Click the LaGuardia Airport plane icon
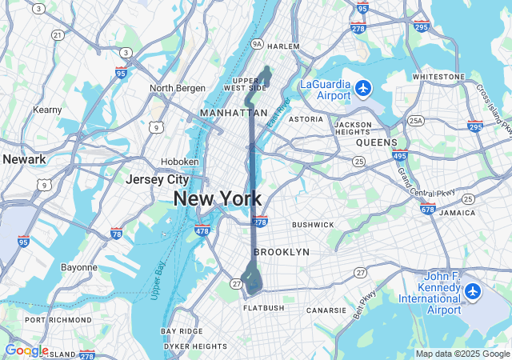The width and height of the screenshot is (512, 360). tap(364, 86)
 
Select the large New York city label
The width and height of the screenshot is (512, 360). tap(217, 199)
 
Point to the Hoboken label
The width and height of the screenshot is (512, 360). tap(179, 161)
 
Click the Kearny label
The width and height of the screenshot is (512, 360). tap(48, 109)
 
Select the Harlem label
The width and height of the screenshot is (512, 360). tap(283, 46)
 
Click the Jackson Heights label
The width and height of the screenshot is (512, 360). tap(353, 129)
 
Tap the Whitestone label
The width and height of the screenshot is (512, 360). tap(438, 77)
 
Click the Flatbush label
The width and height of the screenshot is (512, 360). tap(263, 307)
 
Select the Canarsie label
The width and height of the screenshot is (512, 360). tap(326, 310)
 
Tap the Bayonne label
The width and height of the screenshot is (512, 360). tap(79, 267)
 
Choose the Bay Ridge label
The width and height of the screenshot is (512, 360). tap(182, 330)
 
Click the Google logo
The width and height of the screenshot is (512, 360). tap(26, 350)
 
